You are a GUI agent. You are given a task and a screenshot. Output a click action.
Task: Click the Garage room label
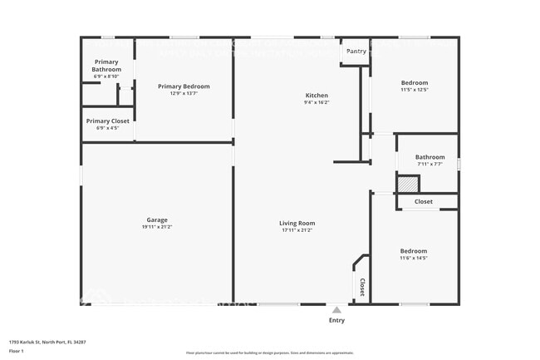(156, 219)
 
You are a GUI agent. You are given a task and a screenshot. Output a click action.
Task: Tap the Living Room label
(297, 223)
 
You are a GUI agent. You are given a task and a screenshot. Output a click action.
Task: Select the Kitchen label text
(317, 96)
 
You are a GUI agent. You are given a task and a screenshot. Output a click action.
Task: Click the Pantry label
(356, 52)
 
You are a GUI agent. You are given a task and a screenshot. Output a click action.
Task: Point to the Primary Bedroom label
(184, 86)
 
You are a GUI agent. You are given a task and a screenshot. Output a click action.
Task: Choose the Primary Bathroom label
(106, 65)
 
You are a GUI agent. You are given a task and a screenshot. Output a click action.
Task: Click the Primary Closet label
(107, 121)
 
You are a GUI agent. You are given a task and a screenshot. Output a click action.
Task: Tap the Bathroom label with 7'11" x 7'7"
(430, 157)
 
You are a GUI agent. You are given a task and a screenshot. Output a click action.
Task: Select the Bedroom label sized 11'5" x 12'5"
(414, 83)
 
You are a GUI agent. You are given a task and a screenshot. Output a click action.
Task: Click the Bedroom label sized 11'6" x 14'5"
(413, 251)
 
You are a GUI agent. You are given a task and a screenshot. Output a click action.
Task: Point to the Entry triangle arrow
(336, 308)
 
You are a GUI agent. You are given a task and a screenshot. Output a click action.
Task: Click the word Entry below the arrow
(336, 320)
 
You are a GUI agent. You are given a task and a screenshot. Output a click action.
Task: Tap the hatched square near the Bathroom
(406, 185)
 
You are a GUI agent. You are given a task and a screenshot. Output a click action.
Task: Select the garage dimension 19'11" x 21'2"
(156, 227)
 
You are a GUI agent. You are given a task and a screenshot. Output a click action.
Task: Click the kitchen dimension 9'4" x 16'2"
(317, 103)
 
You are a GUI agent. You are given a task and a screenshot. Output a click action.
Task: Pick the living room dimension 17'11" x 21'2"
(297, 230)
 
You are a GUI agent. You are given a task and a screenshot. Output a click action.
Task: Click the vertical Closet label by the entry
(361, 287)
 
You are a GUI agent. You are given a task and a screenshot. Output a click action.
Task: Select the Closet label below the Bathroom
(424, 201)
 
